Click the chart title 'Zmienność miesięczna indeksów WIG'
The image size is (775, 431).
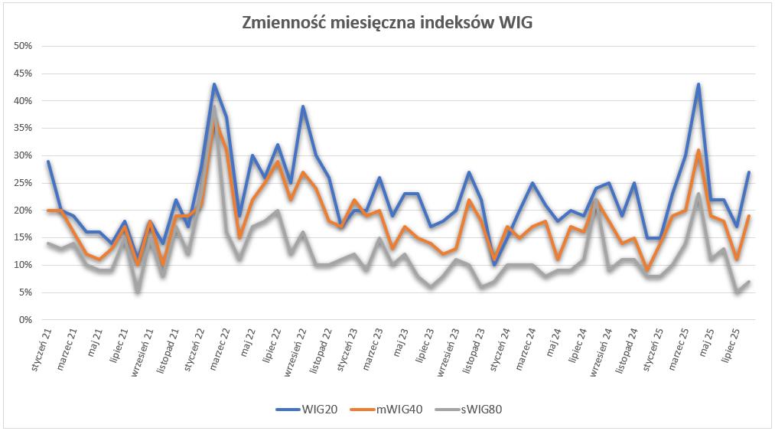(387, 23)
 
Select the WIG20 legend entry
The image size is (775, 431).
(310, 409)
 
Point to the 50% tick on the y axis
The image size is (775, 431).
(23, 46)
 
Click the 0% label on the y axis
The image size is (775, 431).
(25, 319)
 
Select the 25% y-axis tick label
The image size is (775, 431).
(23, 183)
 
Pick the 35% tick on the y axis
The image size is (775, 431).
(23, 128)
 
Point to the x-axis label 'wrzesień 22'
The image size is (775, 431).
(295, 352)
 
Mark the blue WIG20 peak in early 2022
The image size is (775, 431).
(214, 84)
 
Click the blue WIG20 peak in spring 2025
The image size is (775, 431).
(698, 84)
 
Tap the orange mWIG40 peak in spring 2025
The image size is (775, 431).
(698, 150)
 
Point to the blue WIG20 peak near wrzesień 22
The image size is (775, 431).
(304, 106)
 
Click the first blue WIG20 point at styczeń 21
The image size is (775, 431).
(47, 162)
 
